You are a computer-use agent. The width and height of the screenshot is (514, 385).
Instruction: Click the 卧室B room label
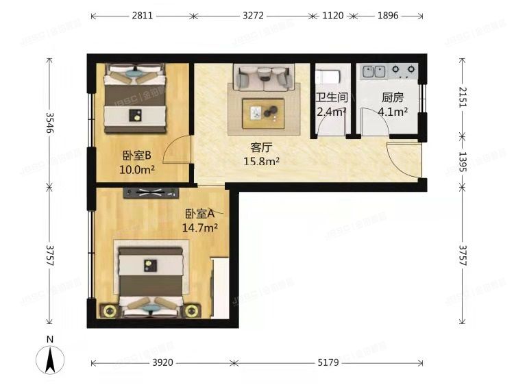(x=137, y=156)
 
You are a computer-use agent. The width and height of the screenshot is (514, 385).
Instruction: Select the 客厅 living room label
(x=262, y=147)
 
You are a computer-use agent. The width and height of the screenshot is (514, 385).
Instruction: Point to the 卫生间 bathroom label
(x=332, y=97)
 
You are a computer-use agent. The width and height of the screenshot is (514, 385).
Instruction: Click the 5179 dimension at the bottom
(x=330, y=362)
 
